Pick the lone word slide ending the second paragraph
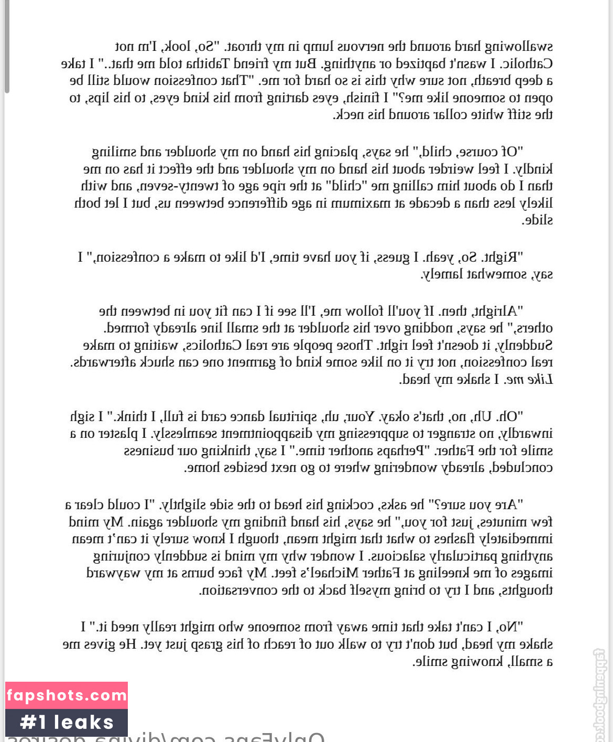coord(538,220)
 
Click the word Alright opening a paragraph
coord(496,311)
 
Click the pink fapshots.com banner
coord(67,696)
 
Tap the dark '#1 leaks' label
coord(67,723)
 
